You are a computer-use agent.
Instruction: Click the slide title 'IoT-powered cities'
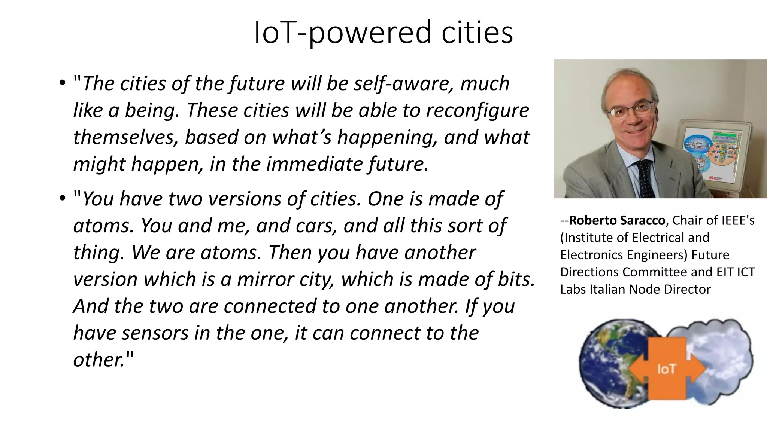point(383,33)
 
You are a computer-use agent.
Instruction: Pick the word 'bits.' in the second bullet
point(517,279)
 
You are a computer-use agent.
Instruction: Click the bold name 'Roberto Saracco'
point(617,221)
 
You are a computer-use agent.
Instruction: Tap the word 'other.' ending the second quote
point(99,360)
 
